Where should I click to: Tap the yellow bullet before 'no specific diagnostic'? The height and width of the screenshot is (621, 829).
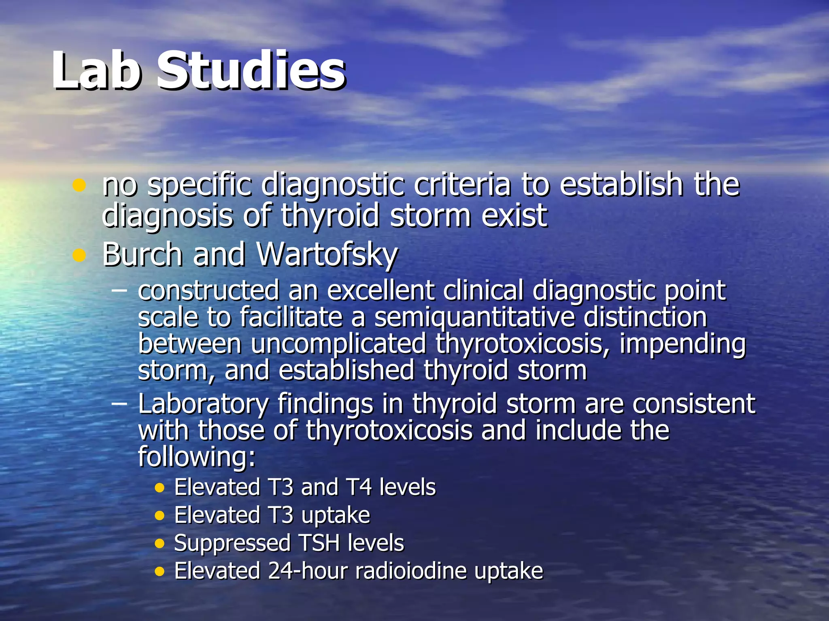coord(79,185)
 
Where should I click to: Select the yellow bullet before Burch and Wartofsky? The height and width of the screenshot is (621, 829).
coord(79,255)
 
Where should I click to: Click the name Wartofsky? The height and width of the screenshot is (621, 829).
coord(327,255)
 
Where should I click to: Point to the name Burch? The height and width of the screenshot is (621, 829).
coord(142,255)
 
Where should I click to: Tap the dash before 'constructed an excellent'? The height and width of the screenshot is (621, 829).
coord(119,290)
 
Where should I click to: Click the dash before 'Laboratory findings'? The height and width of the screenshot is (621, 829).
coord(119,403)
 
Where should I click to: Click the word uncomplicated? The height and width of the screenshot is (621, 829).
coord(338,344)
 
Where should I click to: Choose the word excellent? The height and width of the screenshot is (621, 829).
coord(380,290)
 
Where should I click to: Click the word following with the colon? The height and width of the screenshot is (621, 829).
coord(197,457)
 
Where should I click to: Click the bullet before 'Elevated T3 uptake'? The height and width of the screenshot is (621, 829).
coord(160,516)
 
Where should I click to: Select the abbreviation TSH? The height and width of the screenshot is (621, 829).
coord(319,543)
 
